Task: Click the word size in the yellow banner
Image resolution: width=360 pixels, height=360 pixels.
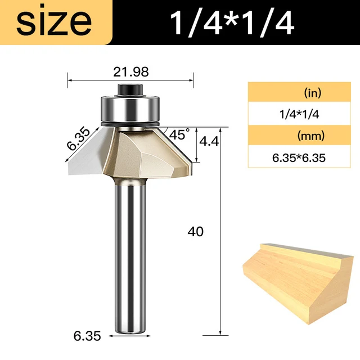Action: coord(54,22)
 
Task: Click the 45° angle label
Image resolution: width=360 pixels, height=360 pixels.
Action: coord(179,135)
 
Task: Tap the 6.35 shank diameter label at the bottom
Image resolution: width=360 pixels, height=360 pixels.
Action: coord(87,337)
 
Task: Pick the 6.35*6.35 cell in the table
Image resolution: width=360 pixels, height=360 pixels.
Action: coord(298,157)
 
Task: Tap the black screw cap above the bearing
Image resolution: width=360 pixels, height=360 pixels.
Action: coord(130,88)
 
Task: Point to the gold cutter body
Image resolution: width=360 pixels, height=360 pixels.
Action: coord(149,152)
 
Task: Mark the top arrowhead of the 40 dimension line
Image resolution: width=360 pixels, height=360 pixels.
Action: coord(219,130)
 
